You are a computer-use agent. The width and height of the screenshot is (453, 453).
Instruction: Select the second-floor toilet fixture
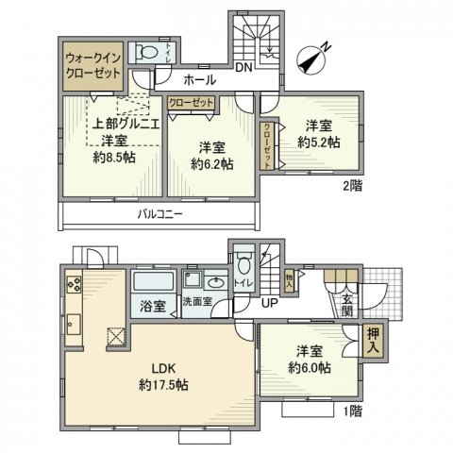147,54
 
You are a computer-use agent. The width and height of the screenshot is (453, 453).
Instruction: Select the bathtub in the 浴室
152,283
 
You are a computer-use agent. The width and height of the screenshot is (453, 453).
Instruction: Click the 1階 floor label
351,411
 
